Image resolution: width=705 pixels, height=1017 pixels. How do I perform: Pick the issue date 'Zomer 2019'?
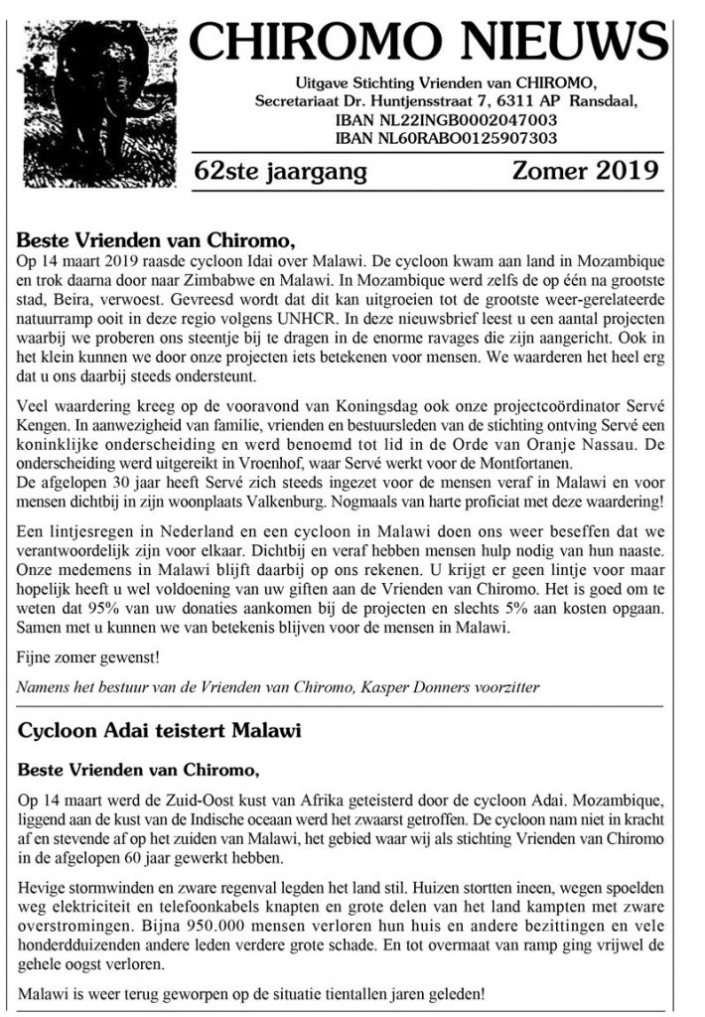point(585,170)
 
